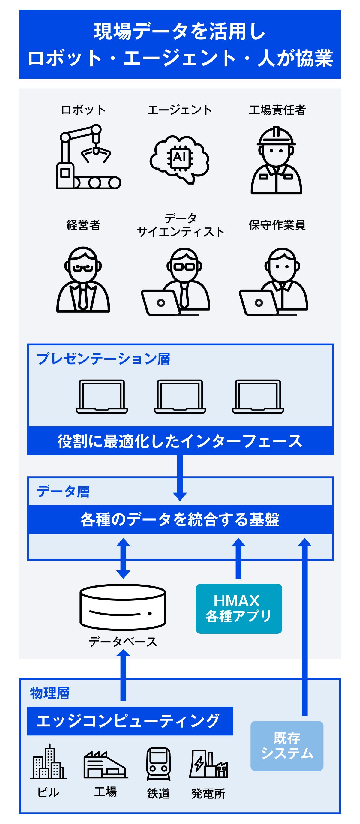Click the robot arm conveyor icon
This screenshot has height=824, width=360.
[x=88, y=157]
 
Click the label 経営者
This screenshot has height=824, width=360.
[x=83, y=225]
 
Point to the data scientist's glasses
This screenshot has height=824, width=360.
[x=184, y=266]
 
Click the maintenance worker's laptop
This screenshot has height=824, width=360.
[x=258, y=302]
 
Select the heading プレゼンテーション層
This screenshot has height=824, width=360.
[x=103, y=359]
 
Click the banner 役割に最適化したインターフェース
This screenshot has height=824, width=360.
[x=180, y=441]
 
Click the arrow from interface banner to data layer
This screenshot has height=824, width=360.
[x=180, y=477]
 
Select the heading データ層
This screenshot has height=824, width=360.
[x=63, y=491]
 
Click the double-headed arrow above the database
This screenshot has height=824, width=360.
[x=123, y=558]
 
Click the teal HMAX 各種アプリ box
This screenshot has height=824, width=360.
[x=239, y=609]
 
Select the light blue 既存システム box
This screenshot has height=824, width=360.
[x=287, y=746]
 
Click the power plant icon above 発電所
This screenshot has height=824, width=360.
[x=208, y=765]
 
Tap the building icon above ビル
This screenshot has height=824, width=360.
[x=48, y=762]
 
